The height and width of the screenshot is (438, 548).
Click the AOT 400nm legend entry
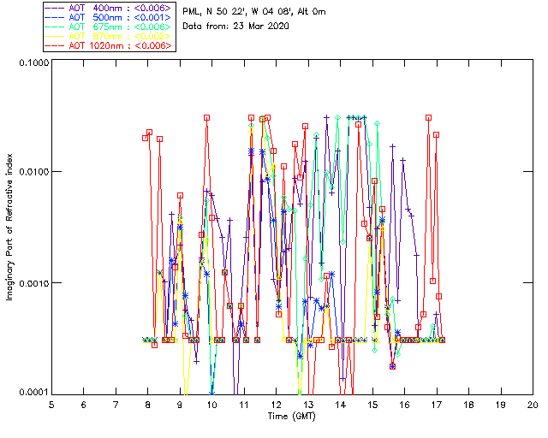tap(109, 8)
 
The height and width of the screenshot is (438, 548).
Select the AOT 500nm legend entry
tap(109, 17)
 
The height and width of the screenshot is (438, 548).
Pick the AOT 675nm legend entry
tap(109, 27)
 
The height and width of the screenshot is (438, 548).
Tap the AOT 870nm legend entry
tap(109, 36)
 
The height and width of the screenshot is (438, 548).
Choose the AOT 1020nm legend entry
tap(109, 45)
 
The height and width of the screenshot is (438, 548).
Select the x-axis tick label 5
tap(51, 404)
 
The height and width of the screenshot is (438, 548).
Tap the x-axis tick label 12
tap(276, 404)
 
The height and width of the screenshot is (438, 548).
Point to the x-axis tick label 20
tap(532, 404)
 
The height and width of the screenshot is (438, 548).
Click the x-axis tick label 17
tap(436, 404)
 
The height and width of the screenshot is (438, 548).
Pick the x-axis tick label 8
tap(147, 404)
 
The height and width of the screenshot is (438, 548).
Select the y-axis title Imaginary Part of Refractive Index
tap(10, 228)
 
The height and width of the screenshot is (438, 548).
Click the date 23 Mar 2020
tap(262, 27)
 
